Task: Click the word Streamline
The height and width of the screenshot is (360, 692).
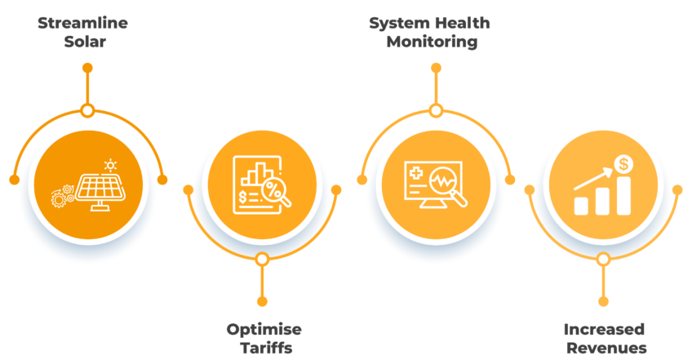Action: [83, 23]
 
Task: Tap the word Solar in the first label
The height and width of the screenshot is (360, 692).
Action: [85, 42]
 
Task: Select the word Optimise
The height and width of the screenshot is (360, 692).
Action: [264, 330]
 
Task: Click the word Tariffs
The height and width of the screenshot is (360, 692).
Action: [266, 348]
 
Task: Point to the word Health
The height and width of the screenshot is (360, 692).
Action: [462, 23]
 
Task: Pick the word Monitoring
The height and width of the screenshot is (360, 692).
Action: [432, 42]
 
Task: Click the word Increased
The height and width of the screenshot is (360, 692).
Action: [604, 330]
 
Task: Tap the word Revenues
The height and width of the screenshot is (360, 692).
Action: [606, 348]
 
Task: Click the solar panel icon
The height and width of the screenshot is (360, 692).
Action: [100, 191]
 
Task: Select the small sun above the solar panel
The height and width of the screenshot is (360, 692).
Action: [110, 166]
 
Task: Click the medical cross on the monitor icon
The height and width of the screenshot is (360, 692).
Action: [416, 173]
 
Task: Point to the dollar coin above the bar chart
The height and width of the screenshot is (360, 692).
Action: [623, 164]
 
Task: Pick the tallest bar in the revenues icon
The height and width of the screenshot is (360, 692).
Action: [623, 196]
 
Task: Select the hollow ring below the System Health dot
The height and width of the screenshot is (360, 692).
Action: [436, 110]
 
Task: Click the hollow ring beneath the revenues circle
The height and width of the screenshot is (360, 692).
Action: [603, 259]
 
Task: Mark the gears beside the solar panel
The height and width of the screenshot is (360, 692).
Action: [62, 197]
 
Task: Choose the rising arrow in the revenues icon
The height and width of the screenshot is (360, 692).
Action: [593, 180]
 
